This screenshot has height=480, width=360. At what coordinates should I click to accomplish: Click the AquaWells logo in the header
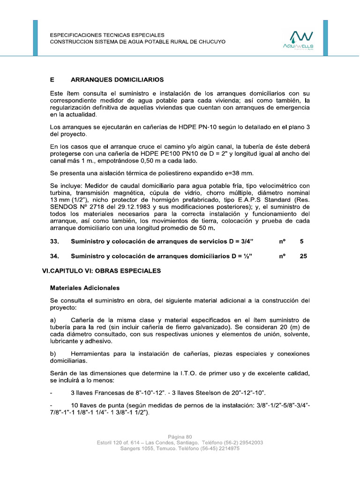coord(298,39)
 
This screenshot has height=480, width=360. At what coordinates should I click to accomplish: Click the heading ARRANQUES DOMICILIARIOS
coord(117,80)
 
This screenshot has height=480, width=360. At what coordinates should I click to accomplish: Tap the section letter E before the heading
coord(52,80)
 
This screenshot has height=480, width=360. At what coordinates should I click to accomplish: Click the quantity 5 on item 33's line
coord(301,241)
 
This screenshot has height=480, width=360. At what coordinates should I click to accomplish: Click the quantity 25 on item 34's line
coord(303,256)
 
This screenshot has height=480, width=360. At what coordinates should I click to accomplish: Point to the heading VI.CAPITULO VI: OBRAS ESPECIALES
coord(101,271)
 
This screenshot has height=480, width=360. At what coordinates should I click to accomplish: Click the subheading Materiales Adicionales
coord(85,288)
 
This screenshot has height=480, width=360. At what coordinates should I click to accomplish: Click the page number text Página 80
coord(180,436)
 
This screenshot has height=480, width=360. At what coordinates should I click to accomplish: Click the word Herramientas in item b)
coord(91,353)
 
